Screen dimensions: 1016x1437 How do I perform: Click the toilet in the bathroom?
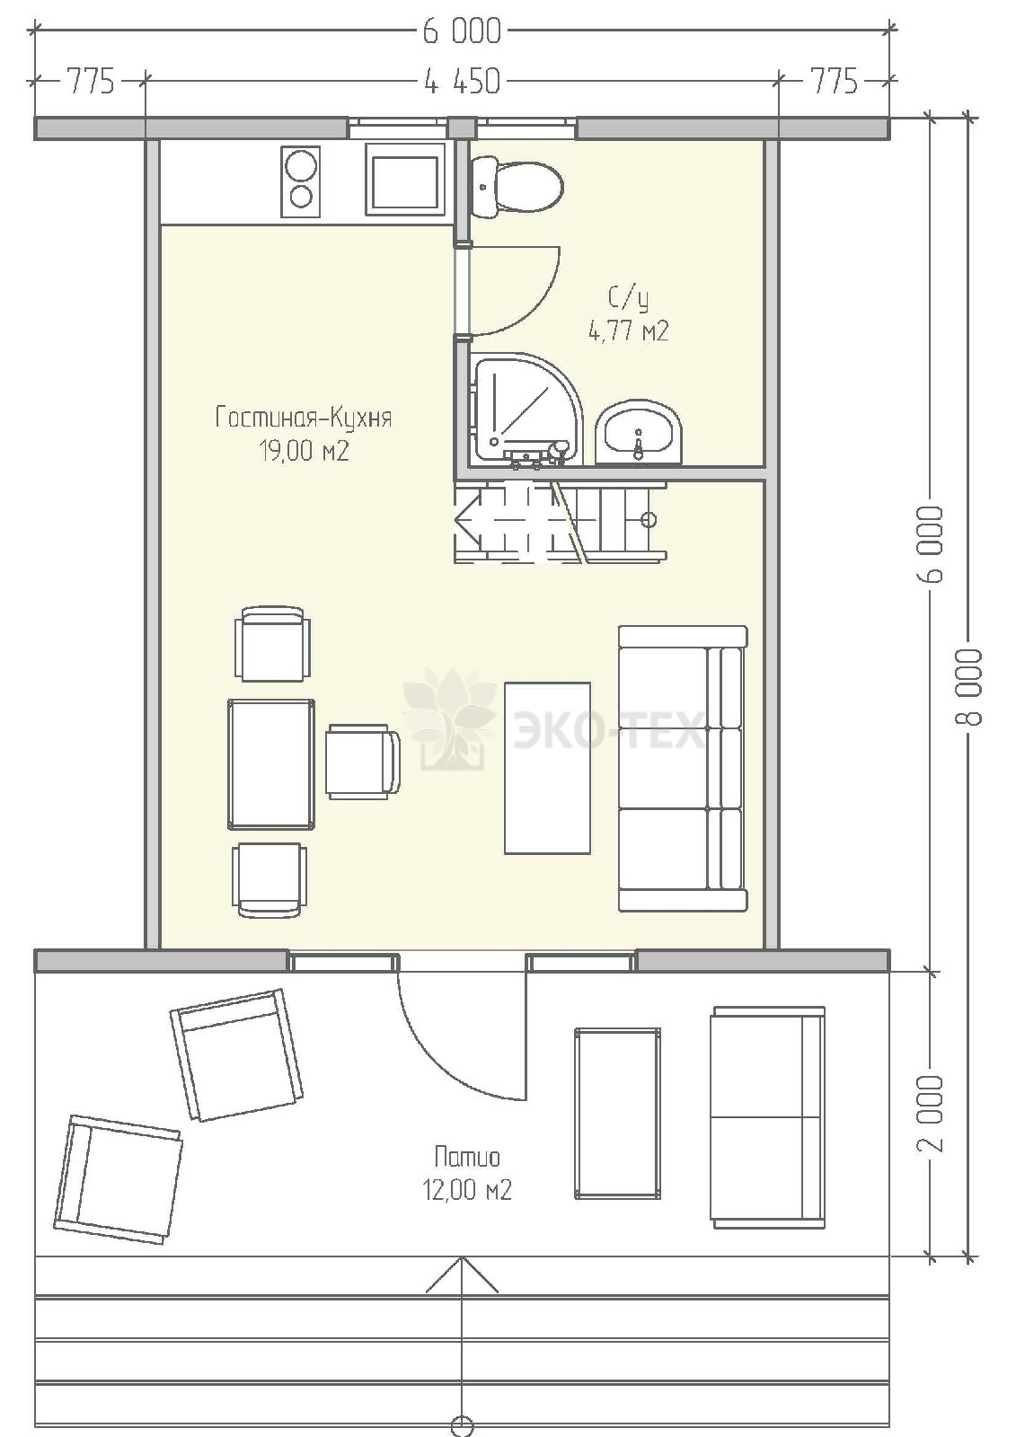[516, 188]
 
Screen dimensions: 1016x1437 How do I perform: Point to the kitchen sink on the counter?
[406, 180]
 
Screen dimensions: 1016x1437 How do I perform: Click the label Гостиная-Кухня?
[304, 419]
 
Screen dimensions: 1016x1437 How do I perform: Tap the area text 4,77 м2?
[629, 331]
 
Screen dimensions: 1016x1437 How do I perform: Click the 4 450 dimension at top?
[462, 82]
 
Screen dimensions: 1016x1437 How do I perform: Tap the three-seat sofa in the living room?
[683, 768]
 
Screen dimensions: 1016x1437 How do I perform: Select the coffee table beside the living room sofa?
[547, 768]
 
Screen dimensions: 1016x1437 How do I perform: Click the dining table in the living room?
[271, 764]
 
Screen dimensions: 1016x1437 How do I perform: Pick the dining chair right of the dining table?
[363, 762]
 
